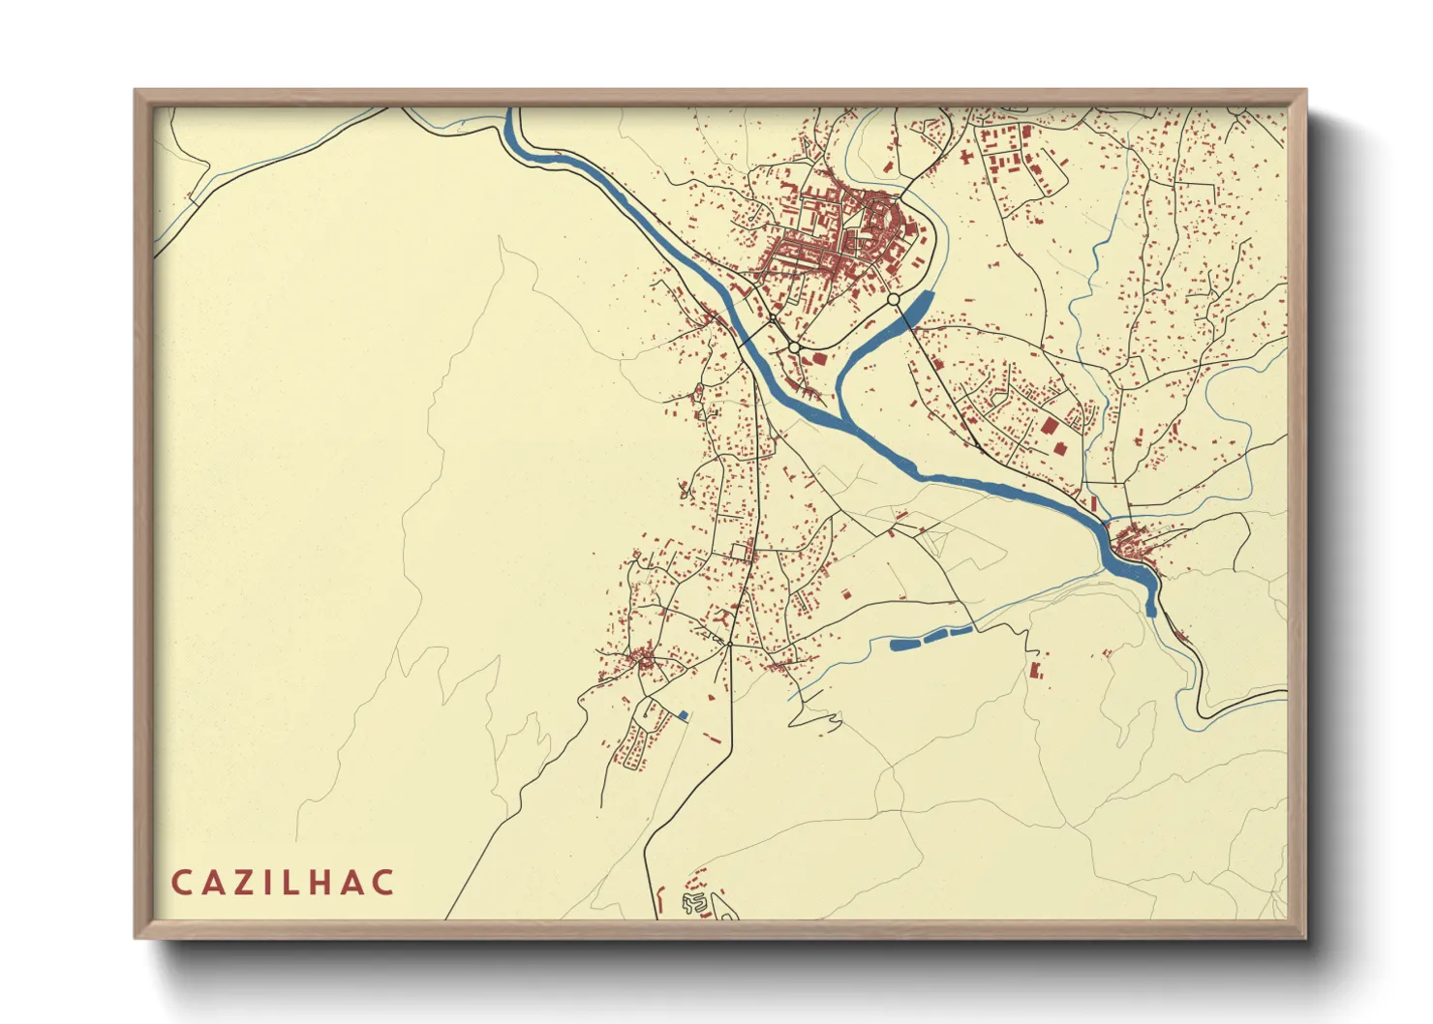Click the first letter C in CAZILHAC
[181, 883]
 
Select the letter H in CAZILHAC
[323, 883]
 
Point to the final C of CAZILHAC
[384, 883]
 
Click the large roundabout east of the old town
[893, 301]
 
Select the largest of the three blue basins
[906, 643]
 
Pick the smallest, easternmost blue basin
[960, 631]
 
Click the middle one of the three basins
[936, 636]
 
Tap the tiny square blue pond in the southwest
[683, 715]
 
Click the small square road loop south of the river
[742, 552]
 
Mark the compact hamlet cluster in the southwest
[641, 662]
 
